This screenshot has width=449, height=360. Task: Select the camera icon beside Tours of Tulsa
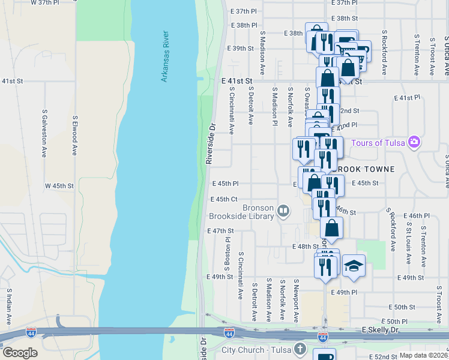pos(413,142)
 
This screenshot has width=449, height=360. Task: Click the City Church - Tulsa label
pos(257,350)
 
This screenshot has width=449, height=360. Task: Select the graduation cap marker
pos(354,265)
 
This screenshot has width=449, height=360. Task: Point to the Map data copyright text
pos(424,355)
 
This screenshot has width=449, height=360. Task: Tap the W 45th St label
pos(59,186)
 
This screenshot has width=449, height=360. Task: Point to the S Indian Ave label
pos(10,306)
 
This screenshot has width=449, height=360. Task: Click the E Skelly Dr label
pos(385,331)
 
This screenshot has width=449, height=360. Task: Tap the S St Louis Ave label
pos(408,244)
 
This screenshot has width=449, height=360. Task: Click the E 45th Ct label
pos(224,199)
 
